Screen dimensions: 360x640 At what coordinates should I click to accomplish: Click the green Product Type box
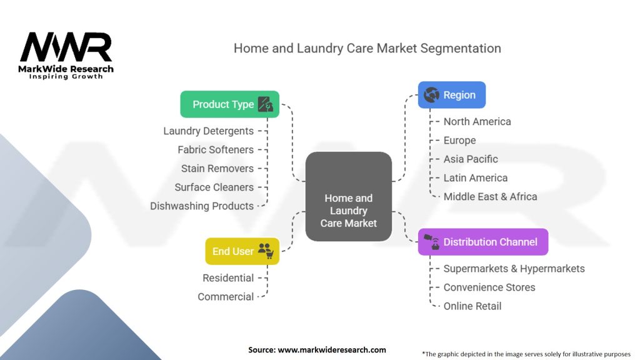229,104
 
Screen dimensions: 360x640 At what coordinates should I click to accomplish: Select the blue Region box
451,95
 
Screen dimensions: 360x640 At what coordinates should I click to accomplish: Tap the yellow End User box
242,251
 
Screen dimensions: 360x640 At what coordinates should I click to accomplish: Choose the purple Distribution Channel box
482,242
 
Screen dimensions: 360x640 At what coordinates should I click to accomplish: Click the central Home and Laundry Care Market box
348,196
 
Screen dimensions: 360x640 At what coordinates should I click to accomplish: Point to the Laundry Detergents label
209,131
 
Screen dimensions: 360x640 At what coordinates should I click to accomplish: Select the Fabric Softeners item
216,150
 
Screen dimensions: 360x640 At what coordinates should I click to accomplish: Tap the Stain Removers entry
217,169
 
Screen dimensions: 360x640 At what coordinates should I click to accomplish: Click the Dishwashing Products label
202,206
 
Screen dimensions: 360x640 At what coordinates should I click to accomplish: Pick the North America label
477,122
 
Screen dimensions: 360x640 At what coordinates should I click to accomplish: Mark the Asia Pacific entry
471,159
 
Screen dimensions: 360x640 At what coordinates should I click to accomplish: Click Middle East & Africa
490,197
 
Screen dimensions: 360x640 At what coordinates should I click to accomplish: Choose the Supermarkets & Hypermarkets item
514,269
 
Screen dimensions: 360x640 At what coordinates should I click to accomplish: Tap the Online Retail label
472,306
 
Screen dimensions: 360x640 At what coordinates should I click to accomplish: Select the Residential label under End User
228,278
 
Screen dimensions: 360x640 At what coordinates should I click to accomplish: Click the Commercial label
226,297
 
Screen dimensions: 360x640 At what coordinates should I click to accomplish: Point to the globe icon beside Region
431,95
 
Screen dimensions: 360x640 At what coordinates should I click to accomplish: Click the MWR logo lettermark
66,47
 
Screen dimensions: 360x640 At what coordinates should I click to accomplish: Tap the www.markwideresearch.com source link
331,350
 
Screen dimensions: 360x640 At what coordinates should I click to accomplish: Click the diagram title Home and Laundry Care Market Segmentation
367,48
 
